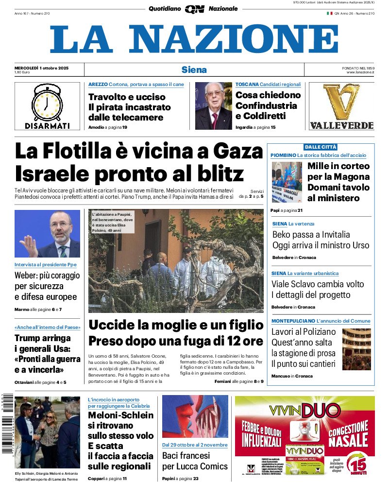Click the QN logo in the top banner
194,9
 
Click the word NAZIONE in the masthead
234,39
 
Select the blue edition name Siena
194,69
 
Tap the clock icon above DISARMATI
47,103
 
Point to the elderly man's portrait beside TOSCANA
214,106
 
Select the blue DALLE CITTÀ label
321,147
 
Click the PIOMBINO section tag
284,155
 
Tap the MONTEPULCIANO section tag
293,321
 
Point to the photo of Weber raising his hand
47,233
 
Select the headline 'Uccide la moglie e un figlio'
176,325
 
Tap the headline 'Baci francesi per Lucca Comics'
195,461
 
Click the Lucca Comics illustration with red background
195,417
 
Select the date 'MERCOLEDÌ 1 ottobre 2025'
41,68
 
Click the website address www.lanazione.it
360,72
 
